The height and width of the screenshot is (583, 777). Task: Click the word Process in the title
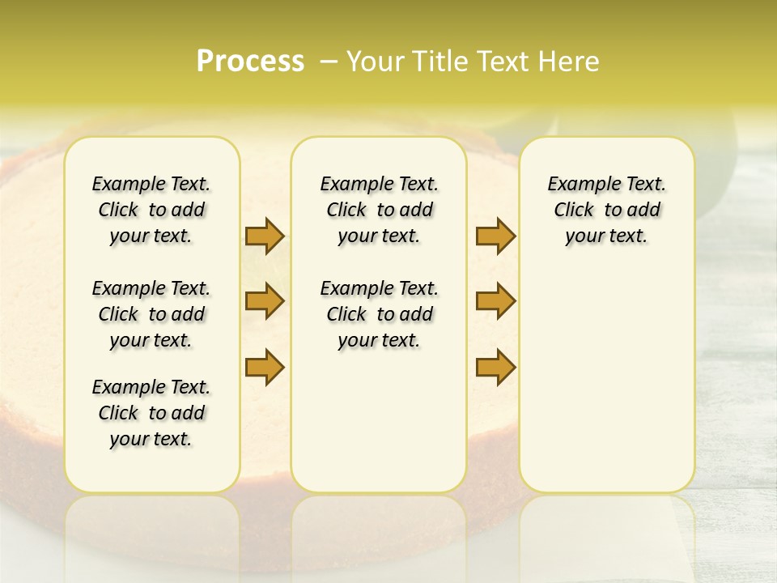[x=250, y=62]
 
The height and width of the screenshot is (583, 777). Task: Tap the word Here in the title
[x=569, y=62]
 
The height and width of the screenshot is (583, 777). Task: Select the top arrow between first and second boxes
[x=264, y=236]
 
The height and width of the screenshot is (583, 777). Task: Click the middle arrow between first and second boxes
[x=264, y=301]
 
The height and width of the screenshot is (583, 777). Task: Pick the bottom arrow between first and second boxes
[x=264, y=367]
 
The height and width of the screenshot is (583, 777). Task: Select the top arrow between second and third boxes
[x=495, y=236]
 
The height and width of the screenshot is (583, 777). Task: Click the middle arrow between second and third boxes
[x=495, y=301]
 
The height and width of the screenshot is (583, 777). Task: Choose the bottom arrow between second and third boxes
[x=495, y=367]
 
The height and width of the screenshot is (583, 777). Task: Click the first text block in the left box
[x=151, y=210]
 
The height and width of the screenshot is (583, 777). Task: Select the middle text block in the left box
[x=151, y=314]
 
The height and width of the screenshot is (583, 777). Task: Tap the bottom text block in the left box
[x=151, y=413]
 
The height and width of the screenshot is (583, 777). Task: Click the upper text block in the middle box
[x=379, y=210]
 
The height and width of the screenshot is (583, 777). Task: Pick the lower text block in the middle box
[x=379, y=314]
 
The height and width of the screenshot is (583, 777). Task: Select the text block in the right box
[x=606, y=210]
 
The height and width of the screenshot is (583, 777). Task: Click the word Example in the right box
[x=578, y=184]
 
